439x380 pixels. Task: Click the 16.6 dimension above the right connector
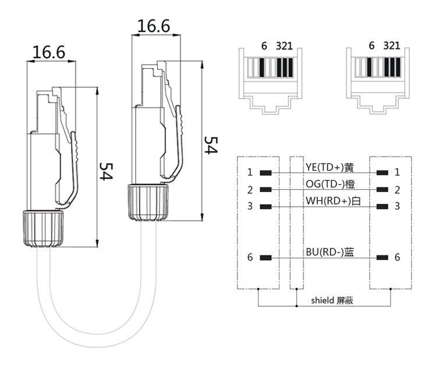pos(154,26)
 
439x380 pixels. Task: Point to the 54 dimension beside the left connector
pos(105,172)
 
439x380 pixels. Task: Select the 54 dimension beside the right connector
pos(210,145)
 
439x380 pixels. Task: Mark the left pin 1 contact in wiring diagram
pos(266,173)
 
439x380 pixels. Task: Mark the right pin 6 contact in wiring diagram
pos(383,258)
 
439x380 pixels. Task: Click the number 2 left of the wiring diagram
pos(249,190)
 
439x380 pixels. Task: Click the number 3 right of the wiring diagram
pos(397,206)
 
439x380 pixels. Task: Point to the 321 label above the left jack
pos(284,45)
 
